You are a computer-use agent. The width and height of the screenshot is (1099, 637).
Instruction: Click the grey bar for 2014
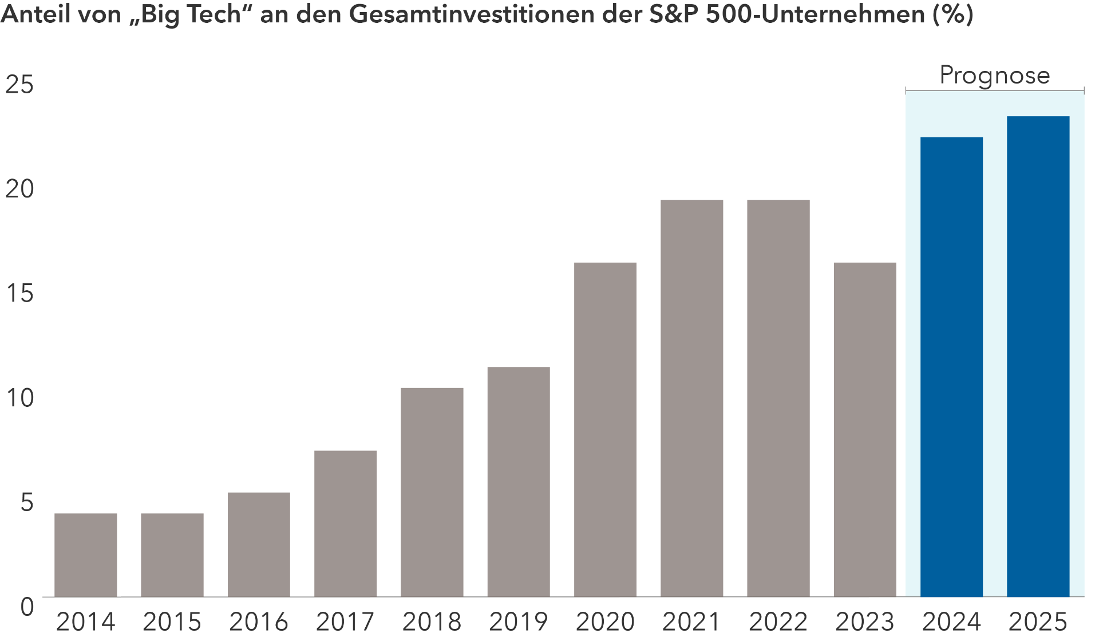86,555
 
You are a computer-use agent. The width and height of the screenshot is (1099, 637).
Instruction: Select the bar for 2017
345,524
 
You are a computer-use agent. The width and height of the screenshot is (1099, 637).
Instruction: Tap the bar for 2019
519,482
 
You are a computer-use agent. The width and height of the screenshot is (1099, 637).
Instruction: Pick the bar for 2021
691,398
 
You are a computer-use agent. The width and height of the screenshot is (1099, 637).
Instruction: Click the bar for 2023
865,430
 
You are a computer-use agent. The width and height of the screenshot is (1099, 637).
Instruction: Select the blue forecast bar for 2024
951,367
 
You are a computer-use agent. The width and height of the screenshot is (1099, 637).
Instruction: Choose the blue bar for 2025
1038,357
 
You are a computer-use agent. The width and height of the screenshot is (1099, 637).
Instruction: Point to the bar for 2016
259,545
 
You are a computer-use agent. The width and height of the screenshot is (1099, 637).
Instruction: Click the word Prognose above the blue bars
995,75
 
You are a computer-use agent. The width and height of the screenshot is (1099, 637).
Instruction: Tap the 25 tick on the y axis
19,85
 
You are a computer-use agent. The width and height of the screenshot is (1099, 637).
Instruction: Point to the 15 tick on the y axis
19,294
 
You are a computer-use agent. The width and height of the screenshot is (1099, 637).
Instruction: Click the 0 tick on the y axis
27,607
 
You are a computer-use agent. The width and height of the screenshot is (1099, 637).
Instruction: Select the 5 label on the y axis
27,503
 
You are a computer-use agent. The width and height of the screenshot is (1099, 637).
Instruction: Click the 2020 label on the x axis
605,622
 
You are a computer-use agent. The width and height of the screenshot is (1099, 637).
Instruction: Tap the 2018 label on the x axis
432,622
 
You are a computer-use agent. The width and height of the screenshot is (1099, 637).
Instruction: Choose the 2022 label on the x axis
778,622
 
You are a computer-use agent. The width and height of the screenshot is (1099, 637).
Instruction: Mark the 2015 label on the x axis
172,622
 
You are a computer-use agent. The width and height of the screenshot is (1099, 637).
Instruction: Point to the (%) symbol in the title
952,14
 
